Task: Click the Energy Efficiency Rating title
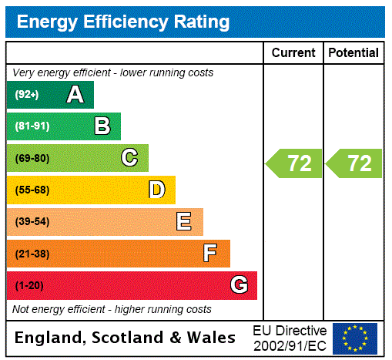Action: (x=123, y=22)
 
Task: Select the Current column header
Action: (x=293, y=53)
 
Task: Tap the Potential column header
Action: (x=353, y=53)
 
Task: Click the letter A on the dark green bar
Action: (x=75, y=95)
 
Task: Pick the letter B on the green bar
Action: (x=102, y=126)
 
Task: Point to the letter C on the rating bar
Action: (x=129, y=158)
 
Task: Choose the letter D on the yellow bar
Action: (x=156, y=190)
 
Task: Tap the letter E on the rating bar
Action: (x=184, y=222)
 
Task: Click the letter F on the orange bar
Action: (x=210, y=254)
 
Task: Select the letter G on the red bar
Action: (x=239, y=285)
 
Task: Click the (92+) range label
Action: (x=27, y=95)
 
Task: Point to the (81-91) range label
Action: (x=32, y=126)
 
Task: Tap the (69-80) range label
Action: (x=32, y=159)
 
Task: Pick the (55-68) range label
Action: (x=32, y=190)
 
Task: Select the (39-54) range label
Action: (x=32, y=222)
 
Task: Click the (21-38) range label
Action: (x=32, y=254)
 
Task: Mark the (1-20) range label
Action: (x=29, y=286)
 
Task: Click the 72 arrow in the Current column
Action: (x=295, y=163)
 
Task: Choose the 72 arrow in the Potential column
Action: (x=355, y=163)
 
